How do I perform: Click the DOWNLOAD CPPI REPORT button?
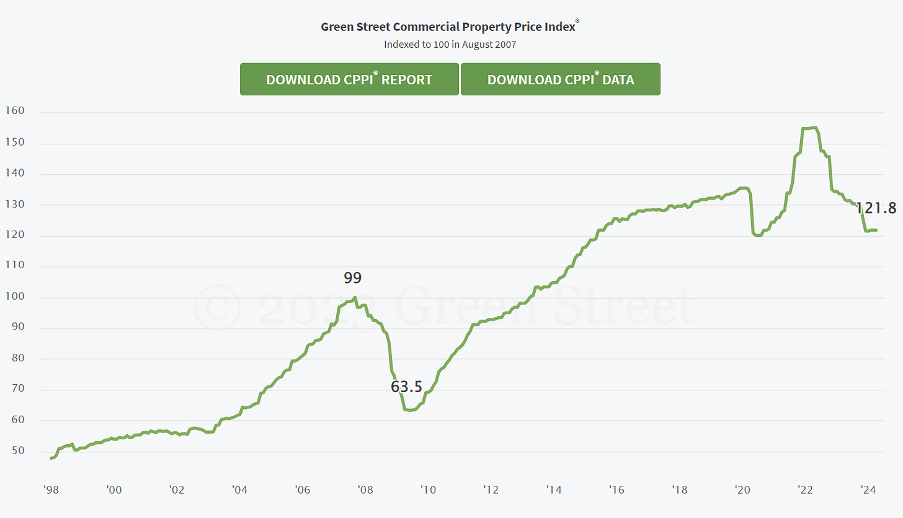(x=349, y=79)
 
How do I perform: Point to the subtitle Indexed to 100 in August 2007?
(x=450, y=44)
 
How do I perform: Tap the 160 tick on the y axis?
(x=14, y=112)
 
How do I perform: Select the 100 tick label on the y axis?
(x=14, y=297)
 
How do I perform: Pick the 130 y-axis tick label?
(x=14, y=204)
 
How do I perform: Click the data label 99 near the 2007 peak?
(x=352, y=278)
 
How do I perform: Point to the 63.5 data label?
(x=406, y=387)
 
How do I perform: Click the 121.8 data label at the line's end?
(x=876, y=208)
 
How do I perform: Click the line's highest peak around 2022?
(x=814, y=128)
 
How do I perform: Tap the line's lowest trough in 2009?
(x=410, y=410)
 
